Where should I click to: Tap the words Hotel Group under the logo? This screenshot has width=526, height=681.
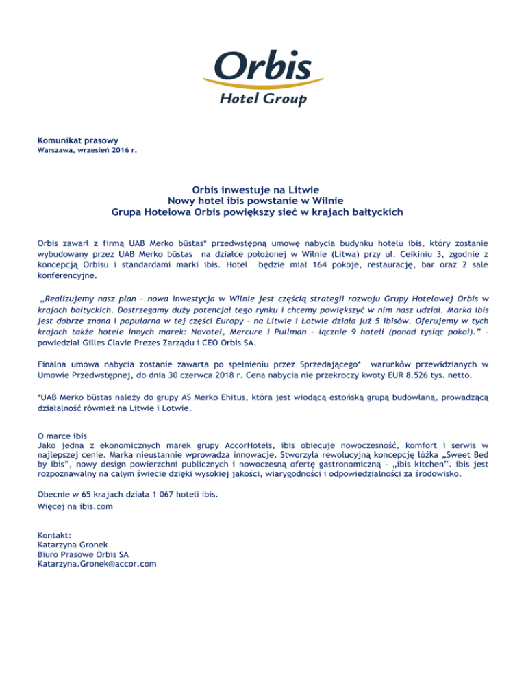(x=262, y=99)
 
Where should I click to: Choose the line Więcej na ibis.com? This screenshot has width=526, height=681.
(x=75, y=507)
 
